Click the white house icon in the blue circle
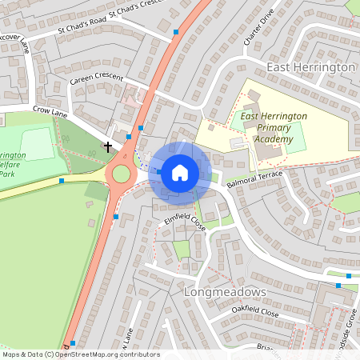[x=180, y=172]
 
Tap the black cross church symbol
[x=108, y=146]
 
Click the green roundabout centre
[x=121, y=174]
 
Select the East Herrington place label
[x=311, y=68]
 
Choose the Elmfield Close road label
[x=185, y=222]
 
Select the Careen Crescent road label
[x=96, y=79]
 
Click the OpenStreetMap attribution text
[x=81, y=354]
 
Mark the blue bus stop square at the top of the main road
[x=176, y=32]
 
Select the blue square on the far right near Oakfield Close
[x=338, y=286]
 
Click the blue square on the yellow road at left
[x=62, y=181]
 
